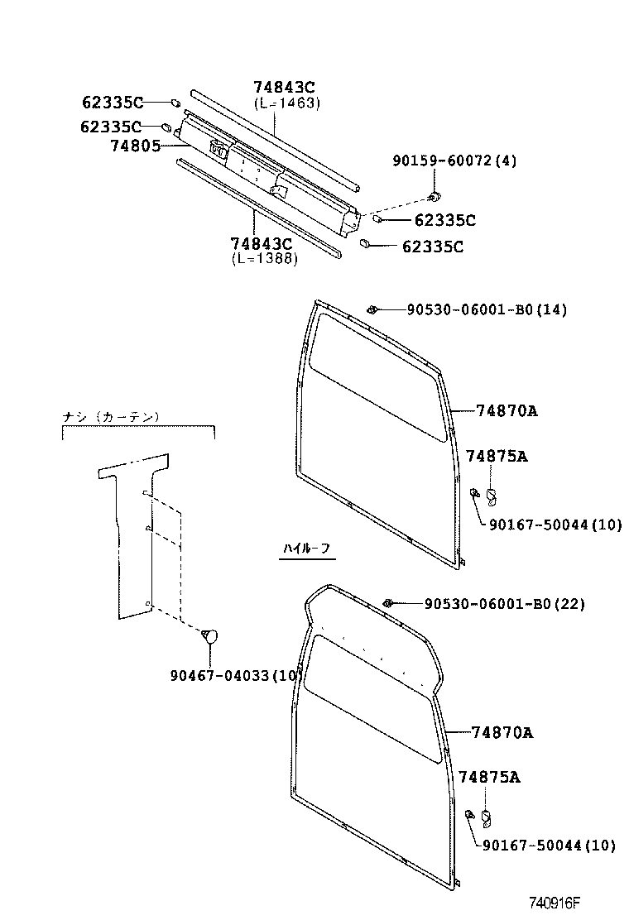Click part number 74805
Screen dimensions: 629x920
click(x=136, y=146)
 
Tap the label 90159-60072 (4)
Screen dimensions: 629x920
click(x=454, y=161)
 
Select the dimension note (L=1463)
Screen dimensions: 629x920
click(x=287, y=103)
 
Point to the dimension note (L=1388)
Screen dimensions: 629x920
click(x=264, y=258)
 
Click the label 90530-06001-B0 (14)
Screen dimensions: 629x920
click(x=487, y=309)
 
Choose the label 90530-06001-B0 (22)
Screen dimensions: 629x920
click(x=505, y=603)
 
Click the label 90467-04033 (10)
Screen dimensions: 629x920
click(x=237, y=675)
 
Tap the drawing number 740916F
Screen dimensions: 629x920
click(x=555, y=903)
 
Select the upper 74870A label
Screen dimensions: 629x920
click(x=507, y=410)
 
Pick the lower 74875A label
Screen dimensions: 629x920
click(x=489, y=777)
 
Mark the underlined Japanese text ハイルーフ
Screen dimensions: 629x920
click(x=307, y=549)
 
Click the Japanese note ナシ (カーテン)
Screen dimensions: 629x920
click(x=111, y=417)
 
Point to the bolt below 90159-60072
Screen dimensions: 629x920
click(x=435, y=195)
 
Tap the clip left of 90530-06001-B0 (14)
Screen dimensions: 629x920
click(x=372, y=309)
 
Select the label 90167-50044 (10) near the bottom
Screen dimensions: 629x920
click(x=550, y=845)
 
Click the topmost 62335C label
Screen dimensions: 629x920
click(x=113, y=103)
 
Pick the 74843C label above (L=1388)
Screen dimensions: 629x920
click(x=262, y=243)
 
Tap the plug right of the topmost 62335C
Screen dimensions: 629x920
click(x=175, y=103)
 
